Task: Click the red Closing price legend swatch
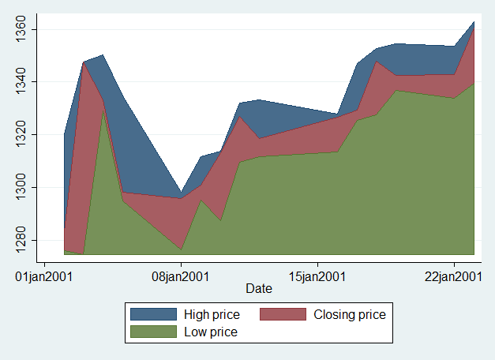283,314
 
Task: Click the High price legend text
212,314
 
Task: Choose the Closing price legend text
350,314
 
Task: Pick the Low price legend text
210,332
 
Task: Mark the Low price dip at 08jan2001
181,249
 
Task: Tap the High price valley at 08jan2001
181,193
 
